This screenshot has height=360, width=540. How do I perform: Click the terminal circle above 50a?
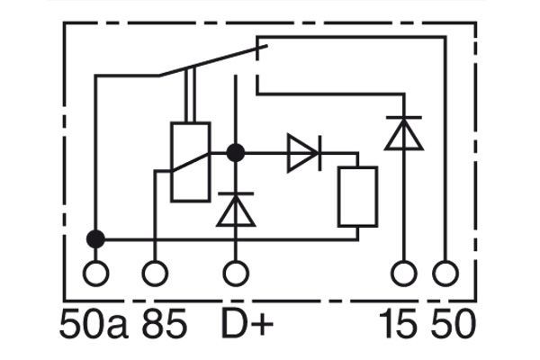point(94,272)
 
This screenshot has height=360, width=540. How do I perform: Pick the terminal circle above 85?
point(156,272)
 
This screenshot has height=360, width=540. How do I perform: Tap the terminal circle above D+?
point(236,272)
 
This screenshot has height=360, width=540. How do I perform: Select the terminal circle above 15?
point(403,272)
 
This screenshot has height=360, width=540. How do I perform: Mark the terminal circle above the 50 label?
point(445,272)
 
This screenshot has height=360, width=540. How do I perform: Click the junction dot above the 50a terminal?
point(94,238)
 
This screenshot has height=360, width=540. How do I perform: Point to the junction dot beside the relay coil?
point(236,153)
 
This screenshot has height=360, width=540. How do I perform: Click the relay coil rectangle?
point(190,162)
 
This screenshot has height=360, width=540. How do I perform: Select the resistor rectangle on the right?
point(357,196)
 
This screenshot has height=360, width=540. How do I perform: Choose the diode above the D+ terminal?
point(236,209)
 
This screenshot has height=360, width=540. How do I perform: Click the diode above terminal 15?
point(403,132)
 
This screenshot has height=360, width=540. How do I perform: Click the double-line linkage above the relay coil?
point(190,95)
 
